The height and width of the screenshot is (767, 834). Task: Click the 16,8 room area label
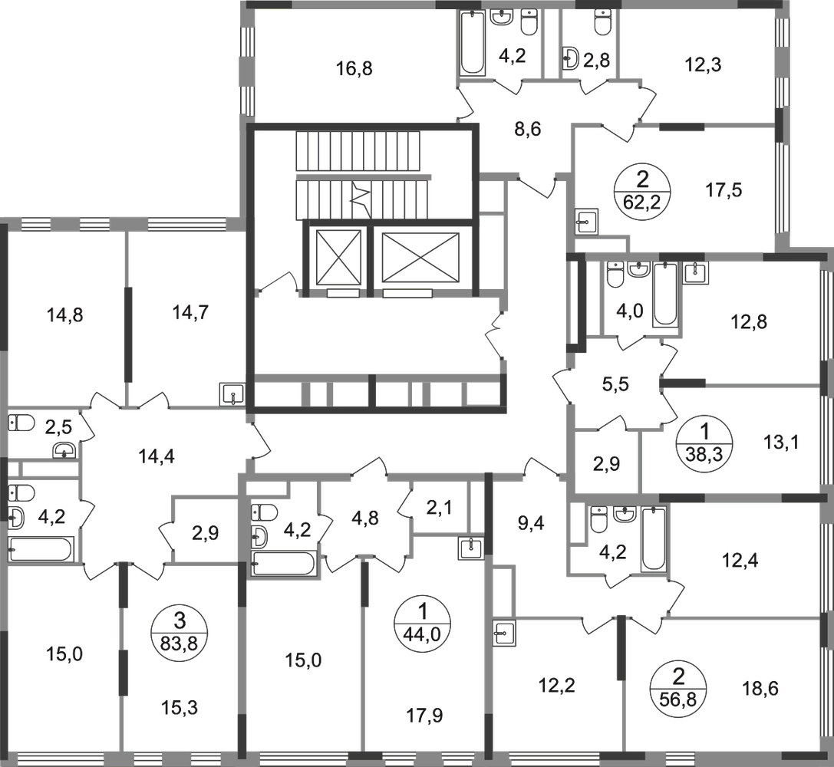(x=354, y=68)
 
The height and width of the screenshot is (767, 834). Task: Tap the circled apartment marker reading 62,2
(x=642, y=189)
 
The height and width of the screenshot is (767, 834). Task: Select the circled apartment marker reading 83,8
(x=180, y=633)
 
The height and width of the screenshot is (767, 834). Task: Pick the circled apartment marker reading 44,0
(x=422, y=623)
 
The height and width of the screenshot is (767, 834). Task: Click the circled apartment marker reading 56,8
(x=678, y=688)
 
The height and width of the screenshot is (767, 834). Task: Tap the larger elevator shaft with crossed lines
(x=420, y=257)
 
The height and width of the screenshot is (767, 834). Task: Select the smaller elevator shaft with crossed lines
(x=338, y=257)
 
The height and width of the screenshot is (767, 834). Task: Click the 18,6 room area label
(x=760, y=688)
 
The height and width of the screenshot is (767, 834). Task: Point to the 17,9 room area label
(x=424, y=716)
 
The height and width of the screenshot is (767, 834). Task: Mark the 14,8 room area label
(x=65, y=315)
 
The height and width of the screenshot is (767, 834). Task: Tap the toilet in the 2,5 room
(x=21, y=423)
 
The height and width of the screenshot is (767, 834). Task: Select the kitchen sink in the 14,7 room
(x=232, y=394)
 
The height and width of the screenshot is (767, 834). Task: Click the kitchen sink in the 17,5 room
(x=587, y=221)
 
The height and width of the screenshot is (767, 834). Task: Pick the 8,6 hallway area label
(x=528, y=129)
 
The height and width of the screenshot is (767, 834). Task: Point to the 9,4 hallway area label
(x=531, y=523)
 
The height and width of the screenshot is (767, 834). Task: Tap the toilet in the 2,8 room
(x=602, y=23)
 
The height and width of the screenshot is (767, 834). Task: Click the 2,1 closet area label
(x=440, y=508)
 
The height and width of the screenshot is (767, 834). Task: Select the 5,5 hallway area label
(x=615, y=383)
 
